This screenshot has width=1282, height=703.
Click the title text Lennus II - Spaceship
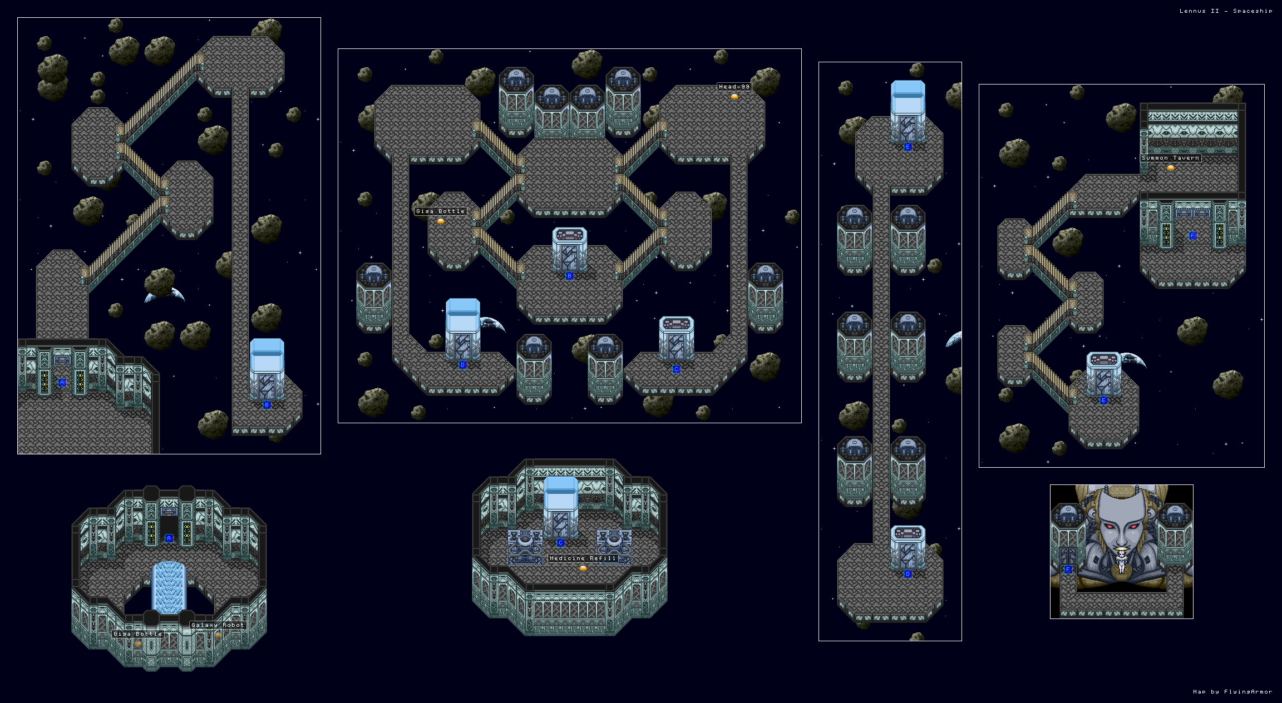pos(1225,11)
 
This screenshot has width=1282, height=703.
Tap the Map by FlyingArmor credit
pos(1232,691)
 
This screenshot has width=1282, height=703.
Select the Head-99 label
pos(734,87)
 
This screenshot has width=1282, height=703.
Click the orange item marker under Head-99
pos(734,97)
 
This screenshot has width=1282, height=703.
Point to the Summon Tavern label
pos(1170,158)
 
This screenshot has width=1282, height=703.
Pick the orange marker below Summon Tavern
pos(1171,168)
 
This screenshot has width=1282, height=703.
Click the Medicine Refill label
pos(583,558)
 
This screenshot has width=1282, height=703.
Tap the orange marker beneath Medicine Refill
pos(583,568)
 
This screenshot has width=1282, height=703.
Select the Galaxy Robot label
pos(218,625)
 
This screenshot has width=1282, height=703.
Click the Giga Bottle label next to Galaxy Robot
pos(137,634)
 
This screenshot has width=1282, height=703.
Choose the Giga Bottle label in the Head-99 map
pos(440,211)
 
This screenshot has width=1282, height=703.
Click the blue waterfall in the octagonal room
pos(169,587)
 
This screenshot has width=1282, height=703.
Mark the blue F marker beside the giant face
pos(1068,570)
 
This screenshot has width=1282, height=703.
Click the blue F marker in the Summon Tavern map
pos(1192,236)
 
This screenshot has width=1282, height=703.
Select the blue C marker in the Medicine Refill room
pos(560,543)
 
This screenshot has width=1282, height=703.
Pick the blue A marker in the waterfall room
pos(169,538)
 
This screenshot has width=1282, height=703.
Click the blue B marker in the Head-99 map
pos(569,276)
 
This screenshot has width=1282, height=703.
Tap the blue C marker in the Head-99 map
pos(676,369)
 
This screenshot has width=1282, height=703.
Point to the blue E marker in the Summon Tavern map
pos(1103,400)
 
